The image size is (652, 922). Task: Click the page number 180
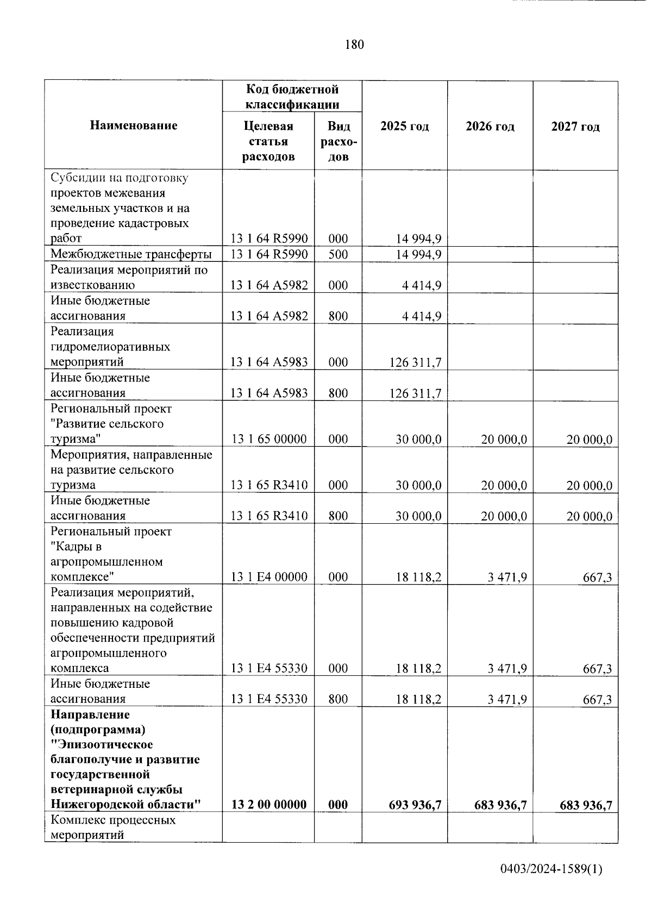[354, 45]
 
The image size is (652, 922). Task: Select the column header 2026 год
[490, 127]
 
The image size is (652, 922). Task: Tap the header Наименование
[133, 126]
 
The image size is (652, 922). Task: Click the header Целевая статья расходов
[268, 142]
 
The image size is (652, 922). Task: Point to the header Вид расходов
[338, 142]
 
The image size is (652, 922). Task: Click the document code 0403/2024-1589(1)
[551, 869]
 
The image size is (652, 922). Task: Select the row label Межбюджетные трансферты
[131, 254]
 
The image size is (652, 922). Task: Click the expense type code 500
[338, 254]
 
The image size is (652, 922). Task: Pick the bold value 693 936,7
[415, 805]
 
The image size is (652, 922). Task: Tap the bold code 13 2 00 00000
[268, 805]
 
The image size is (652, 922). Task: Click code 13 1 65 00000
[268, 439]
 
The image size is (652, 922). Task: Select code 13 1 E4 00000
[268, 577]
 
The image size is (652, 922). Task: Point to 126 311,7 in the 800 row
[415, 393]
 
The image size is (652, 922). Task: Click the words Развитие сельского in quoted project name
[107, 424]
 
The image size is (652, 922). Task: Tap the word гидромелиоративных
[110, 347]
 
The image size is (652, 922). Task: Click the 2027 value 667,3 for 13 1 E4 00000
[597, 577]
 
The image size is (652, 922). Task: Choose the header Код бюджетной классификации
[292, 97]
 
